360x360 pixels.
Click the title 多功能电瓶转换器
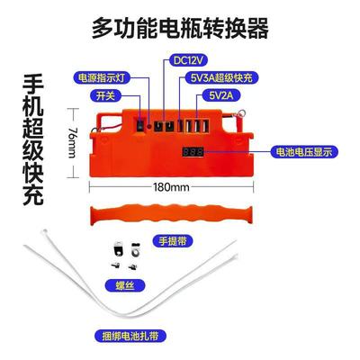pos(180,29)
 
